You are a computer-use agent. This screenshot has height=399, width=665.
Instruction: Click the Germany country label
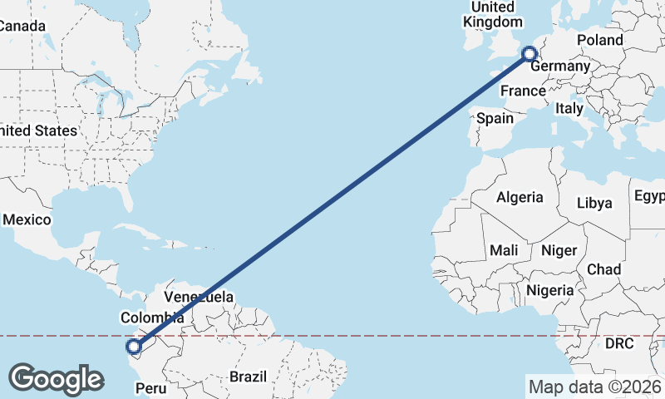click(x=559, y=66)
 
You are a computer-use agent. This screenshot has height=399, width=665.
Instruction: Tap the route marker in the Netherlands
click(x=529, y=55)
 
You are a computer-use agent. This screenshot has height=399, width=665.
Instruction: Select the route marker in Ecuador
click(x=133, y=347)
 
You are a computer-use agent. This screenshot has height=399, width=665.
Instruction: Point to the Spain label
click(x=495, y=118)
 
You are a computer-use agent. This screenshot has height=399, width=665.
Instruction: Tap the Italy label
click(x=569, y=108)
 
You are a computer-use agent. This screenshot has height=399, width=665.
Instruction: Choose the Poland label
click(x=599, y=40)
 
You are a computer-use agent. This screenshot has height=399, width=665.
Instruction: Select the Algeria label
click(x=520, y=198)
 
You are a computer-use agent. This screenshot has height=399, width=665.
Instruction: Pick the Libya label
click(x=594, y=203)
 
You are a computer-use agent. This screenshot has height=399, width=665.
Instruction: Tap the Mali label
click(x=504, y=250)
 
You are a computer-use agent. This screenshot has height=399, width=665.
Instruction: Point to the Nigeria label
click(x=549, y=290)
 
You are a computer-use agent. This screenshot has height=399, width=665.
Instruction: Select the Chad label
click(x=603, y=269)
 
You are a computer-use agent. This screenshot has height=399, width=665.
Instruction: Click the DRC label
click(x=619, y=343)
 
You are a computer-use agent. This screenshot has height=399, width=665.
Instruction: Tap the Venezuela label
click(x=199, y=297)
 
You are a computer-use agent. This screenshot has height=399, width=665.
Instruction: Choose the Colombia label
click(x=152, y=318)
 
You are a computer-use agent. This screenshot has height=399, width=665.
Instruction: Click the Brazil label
click(x=249, y=377)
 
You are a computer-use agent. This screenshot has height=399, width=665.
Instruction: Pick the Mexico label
click(x=27, y=220)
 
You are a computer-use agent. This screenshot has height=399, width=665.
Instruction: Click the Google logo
click(x=56, y=378)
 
